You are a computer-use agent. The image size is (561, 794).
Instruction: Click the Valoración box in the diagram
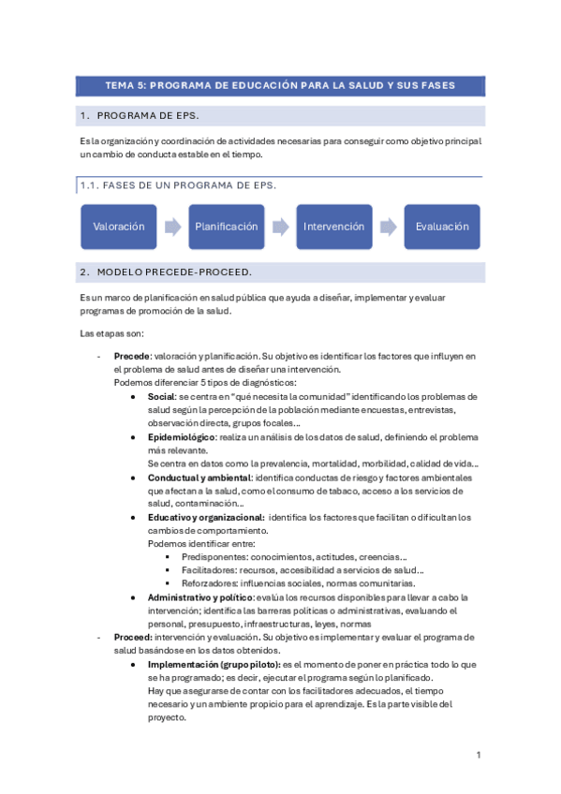(119, 227)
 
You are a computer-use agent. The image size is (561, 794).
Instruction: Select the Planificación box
(226, 227)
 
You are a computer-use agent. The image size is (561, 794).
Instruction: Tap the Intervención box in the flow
(334, 227)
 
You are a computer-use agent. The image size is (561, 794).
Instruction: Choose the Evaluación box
(442, 227)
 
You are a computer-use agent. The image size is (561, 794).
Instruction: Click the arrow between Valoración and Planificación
(172, 227)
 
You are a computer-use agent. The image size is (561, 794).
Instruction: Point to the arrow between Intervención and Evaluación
(389, 227)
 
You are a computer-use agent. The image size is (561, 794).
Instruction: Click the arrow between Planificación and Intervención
(280, 227)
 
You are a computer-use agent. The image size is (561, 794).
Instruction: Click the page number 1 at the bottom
(478, 755)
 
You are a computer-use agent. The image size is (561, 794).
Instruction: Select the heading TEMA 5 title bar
(280, 85)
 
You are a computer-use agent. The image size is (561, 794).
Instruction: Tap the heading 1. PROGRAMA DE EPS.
(147, 116)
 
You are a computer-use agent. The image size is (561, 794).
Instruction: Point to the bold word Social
(162, 397)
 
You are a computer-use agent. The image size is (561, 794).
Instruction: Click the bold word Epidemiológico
(182, 437)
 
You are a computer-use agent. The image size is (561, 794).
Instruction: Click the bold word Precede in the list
(131, 357)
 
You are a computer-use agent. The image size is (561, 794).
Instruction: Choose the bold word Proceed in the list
(132, 637)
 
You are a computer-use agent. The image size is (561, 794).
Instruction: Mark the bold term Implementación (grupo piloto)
(213, 664)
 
